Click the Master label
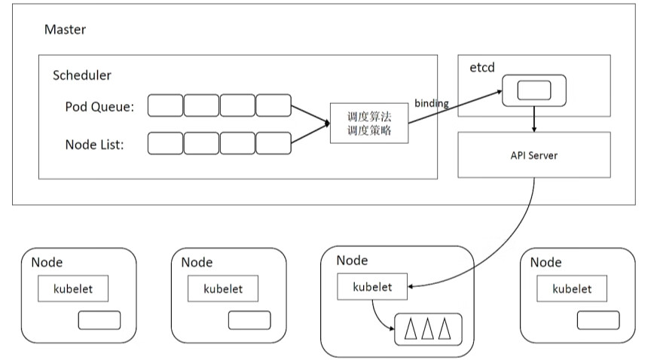65,30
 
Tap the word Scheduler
82,75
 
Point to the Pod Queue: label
99,107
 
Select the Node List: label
95,144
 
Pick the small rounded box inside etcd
534,90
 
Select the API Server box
534,155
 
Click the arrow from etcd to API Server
534,119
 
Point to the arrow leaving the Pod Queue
310,116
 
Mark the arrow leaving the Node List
310,134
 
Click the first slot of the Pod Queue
165,106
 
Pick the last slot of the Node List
273,143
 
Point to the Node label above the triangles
352,261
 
